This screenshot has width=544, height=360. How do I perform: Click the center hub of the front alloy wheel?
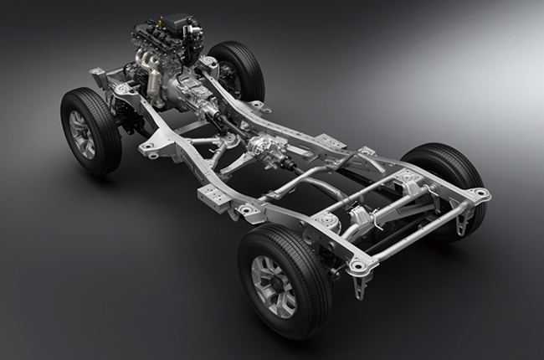coord(82,133)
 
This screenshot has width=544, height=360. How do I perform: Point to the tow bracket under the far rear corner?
coord(477,209)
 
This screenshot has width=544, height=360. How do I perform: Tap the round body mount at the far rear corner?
coord(480,193)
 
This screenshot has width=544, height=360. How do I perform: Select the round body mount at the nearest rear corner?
coord(357,265)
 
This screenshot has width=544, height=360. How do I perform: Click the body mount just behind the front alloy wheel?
coord(150,147)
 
